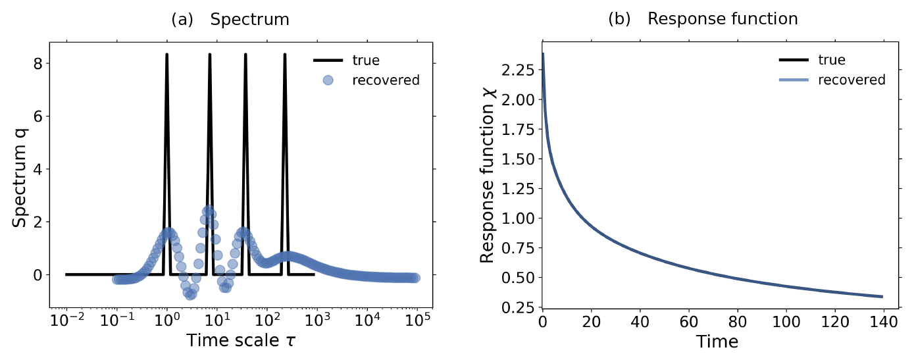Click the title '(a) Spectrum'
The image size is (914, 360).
pos(230,20)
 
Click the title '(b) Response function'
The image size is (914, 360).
pos(702,19)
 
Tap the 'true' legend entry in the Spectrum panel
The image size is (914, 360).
pos(366,61)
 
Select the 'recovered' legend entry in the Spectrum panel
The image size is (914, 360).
pos(386,81)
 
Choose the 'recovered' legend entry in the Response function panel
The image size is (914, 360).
pos(851,80)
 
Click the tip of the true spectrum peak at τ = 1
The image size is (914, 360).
pos(166,55)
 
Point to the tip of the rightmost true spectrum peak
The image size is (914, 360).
pos(285,55)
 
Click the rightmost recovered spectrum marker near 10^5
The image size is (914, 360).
pos(415,278)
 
